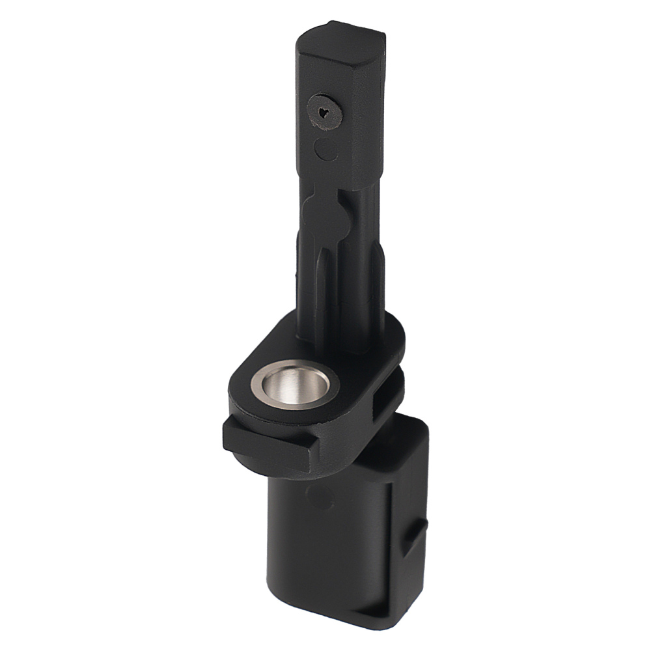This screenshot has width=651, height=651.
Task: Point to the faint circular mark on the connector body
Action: point(319,498)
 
